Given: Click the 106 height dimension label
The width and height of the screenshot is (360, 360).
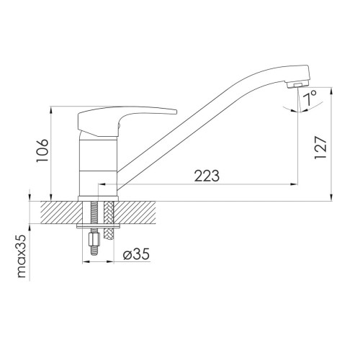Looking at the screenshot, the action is tap(42, 150).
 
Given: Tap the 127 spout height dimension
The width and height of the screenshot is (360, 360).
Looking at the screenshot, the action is tap(320, 148).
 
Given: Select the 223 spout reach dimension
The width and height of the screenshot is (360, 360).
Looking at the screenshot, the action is tap(207, 176).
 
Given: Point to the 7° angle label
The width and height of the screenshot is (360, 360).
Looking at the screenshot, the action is tap(310, 98).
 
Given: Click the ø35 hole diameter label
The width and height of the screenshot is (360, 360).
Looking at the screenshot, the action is tap(136, 253).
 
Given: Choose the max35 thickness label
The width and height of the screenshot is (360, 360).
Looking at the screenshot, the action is tap(22, 256).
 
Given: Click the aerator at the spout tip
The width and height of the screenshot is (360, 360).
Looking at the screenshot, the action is tap(297, 85).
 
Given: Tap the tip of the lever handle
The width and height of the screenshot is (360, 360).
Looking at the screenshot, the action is tap(176, 112).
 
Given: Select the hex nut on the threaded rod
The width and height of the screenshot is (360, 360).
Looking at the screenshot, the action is tap(94, 239).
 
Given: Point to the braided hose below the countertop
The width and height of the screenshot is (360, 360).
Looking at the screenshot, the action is tap(109, 232).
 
